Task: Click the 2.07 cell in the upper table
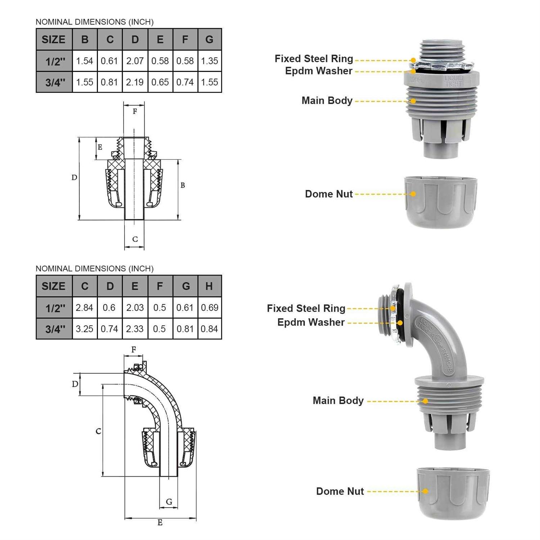[x=135, y=61]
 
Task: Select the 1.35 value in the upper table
[x=210, y=61]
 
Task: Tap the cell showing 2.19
[x=135, y=82]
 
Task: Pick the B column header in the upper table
[x=85, y=39]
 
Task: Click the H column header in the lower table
[x=209, y=286]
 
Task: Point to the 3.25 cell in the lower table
[x=85, y=329]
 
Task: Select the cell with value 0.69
[x=210, y=307]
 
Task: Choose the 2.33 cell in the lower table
[x=135, y=329]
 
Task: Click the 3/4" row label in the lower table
[x=55, y=329]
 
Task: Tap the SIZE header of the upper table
[x=54, y=39]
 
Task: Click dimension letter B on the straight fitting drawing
[x=183, y=185]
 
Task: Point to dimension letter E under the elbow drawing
[x=160, y=522]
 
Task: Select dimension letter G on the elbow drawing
[x=169, y=501]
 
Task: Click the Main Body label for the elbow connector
[x=338, y=401]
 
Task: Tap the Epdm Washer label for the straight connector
[x=319, y=71]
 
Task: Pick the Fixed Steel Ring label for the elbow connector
[x=306, y=309]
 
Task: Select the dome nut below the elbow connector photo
[x=453, y=493]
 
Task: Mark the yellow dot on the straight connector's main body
[x=414, y=101]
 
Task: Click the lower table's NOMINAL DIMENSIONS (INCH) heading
[x=95, y=269]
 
